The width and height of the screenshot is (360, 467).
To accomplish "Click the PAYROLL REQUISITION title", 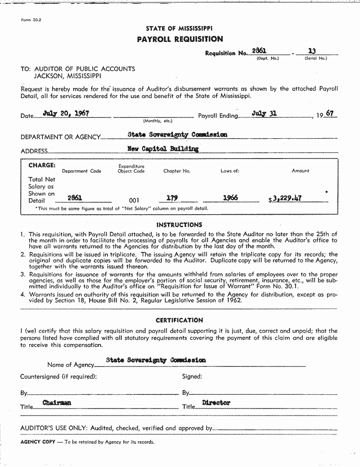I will tap(180, 39).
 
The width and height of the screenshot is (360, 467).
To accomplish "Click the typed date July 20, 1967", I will tap(66, 113).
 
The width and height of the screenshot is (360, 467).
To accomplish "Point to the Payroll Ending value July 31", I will tap(264, 114).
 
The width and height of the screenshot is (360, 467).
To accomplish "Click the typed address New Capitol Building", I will tap(163, 149).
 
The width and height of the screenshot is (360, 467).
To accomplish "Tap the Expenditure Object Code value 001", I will tap(134, 200).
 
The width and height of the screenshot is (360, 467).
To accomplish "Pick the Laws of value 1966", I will tap(230, 198).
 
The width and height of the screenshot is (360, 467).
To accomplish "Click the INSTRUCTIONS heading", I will tap(179, 225).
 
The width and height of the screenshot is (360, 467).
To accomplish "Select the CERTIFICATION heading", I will tap(179, 320).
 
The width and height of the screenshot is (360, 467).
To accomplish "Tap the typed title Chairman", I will tap(57, 403).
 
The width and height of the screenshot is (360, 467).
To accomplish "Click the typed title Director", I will tap(216, 403).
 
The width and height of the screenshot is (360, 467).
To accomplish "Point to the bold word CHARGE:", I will tap(42, 166).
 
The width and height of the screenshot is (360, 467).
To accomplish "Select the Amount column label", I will tap(301, 171).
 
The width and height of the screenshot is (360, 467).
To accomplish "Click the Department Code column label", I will tap(82, 171).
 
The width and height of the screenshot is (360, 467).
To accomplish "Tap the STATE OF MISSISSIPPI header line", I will tap(179, 29).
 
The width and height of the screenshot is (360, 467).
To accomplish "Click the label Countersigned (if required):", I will tap(59, 376).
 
